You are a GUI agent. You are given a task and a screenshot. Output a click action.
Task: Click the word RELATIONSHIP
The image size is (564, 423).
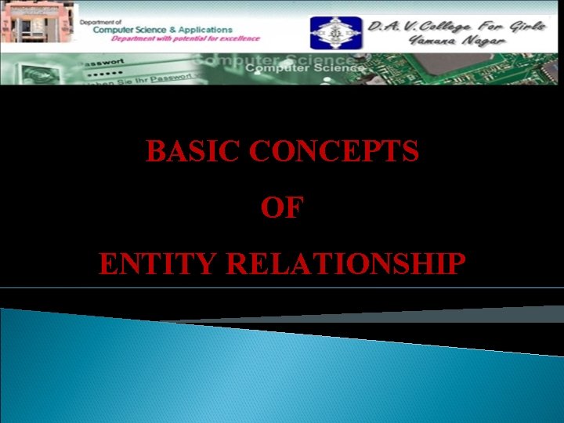pyautogui.click(x=345, y=265)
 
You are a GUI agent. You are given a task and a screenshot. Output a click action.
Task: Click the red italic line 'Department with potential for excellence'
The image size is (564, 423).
pyautogui.click(x=186, y=38)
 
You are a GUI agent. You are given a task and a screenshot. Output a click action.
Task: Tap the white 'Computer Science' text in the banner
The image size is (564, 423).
pyautogui.click(x=305, y=68)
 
